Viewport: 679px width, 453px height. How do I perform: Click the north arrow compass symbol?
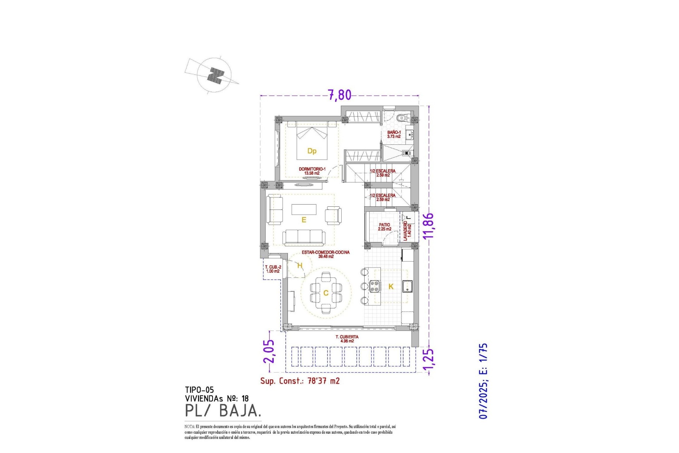[x=214, y=75]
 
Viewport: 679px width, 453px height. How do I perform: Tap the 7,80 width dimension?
[x=339, y=95]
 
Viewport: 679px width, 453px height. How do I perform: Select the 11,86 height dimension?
[x=429, y=226]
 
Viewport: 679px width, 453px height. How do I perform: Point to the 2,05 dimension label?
[x=269, y=351]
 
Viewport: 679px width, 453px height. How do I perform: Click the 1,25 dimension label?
[x=429, y=362]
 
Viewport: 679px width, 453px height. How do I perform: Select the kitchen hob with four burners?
[x=375, y=286]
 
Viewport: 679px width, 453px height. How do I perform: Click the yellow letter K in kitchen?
[x=391, y=287]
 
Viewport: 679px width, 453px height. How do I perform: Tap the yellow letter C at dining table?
[x=326, y=293]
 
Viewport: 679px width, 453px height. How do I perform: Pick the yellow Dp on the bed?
[x=312, y=151]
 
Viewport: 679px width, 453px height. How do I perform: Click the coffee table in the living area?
[x=304, y=209]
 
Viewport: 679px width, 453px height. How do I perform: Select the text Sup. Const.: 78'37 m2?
[x=300, y=381]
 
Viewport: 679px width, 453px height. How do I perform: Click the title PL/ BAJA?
[x=223, y=411]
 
